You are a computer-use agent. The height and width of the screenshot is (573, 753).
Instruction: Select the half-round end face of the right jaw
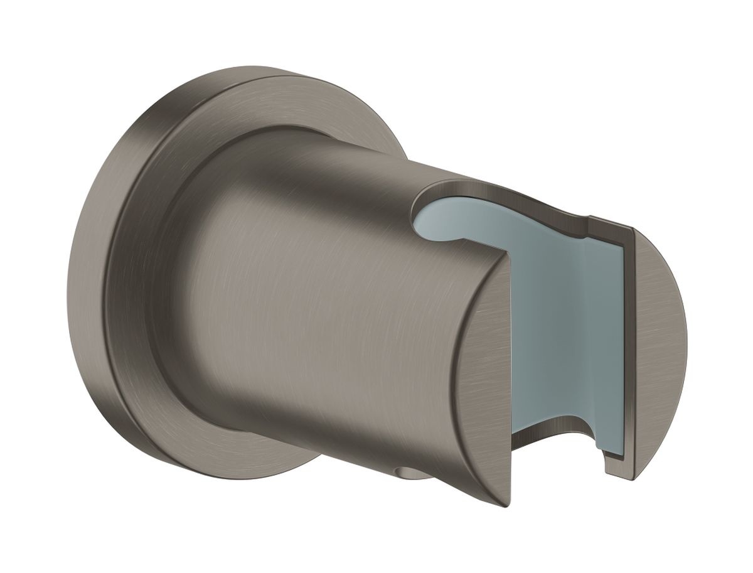[x=659, y=333]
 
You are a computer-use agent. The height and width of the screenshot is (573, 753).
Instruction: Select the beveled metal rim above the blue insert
[x=502, y=188]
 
